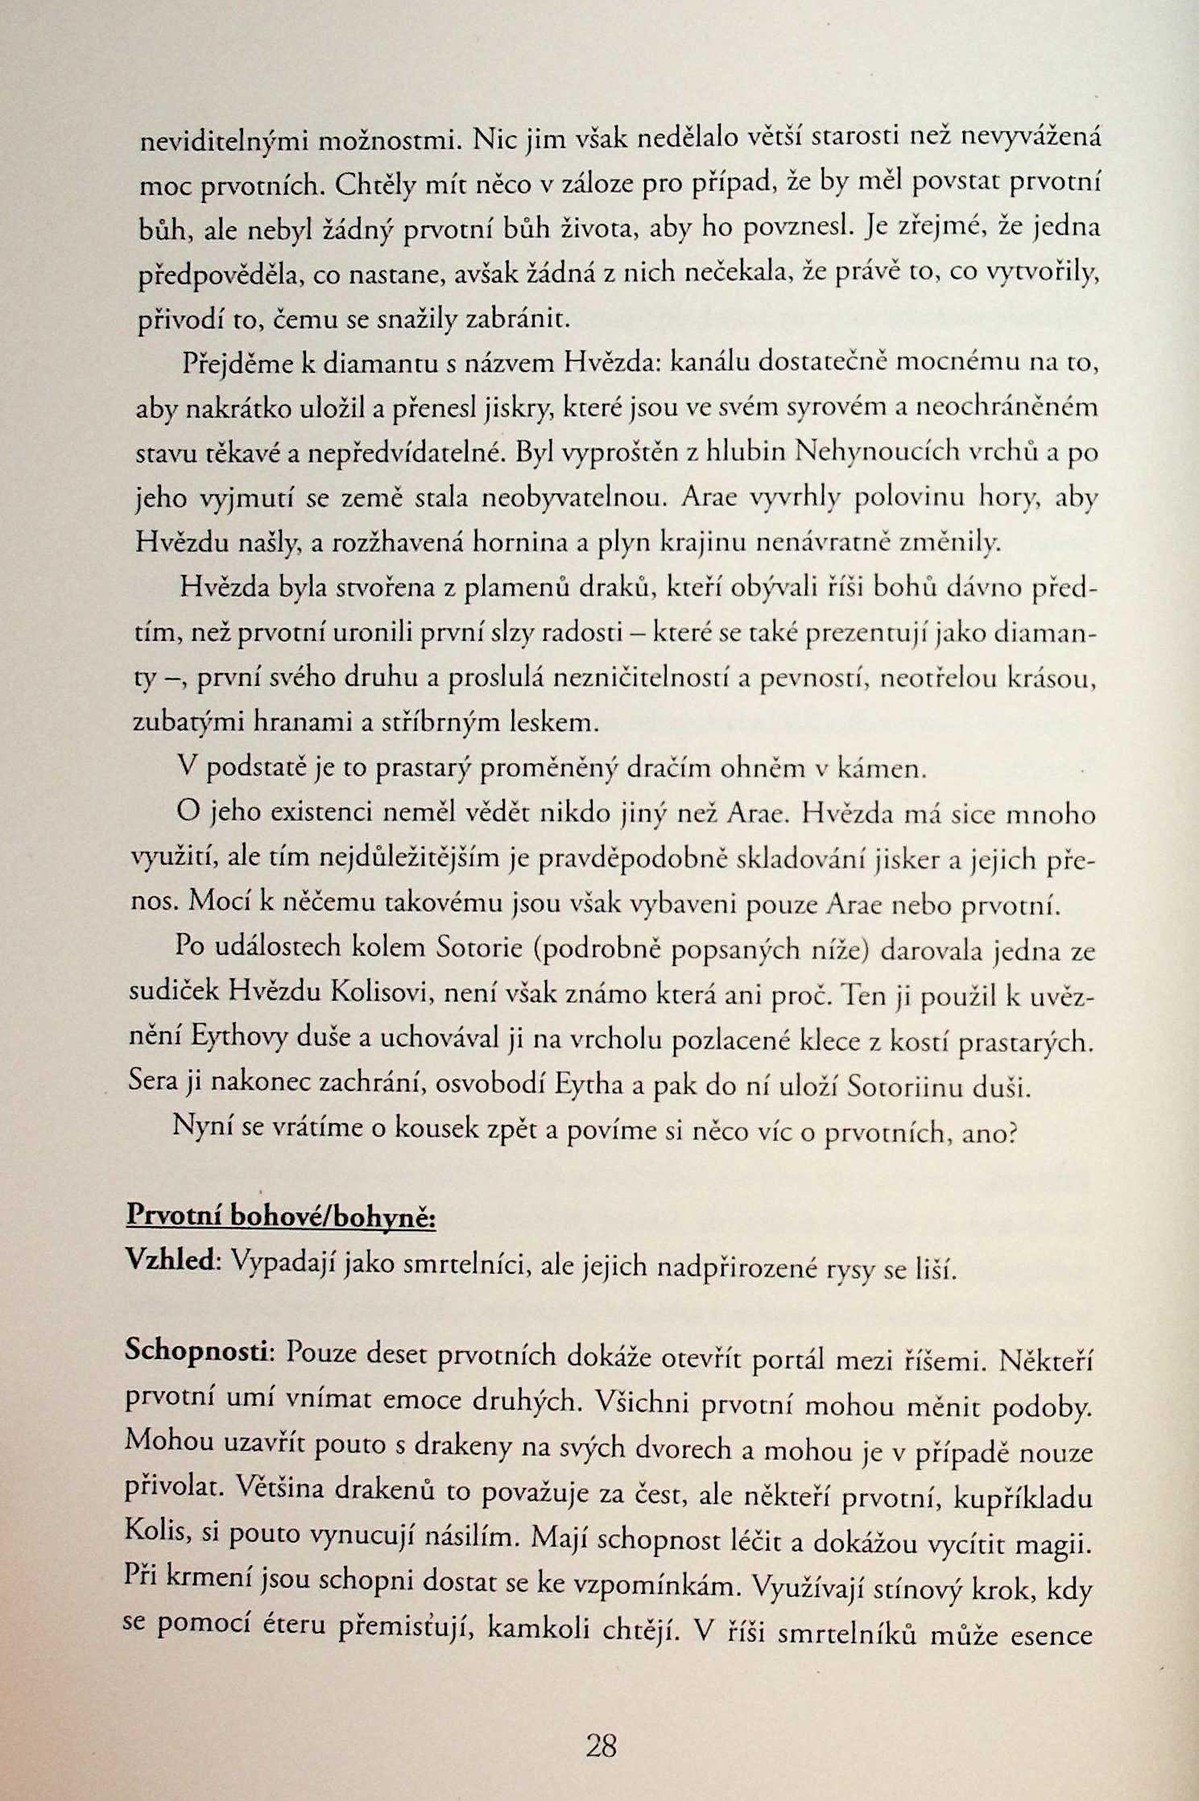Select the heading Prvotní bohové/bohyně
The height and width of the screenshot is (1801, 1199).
point(282,1216)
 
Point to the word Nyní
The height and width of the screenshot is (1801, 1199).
point(201,1127)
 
